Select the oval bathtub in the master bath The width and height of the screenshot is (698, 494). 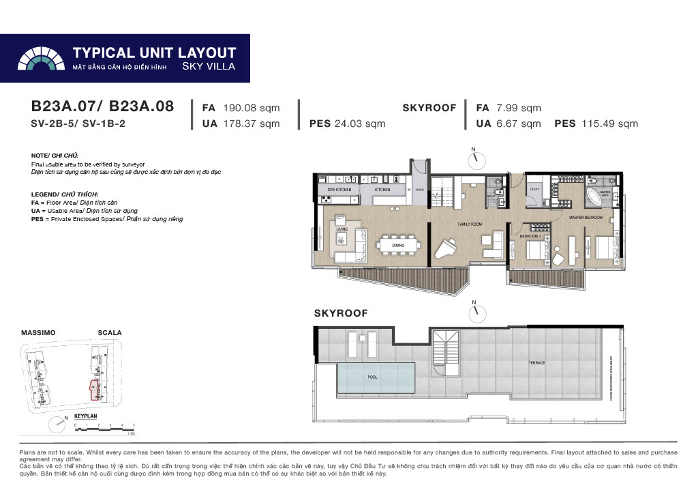604,194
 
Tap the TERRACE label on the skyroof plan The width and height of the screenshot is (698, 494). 536,363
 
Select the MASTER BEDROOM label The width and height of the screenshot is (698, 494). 586,218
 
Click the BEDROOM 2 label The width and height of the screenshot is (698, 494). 529,235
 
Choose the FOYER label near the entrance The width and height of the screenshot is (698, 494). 420,189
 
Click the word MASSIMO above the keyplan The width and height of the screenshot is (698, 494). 38,333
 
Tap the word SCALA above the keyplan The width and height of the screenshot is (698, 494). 109,333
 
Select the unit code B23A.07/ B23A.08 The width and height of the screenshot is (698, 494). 102,106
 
